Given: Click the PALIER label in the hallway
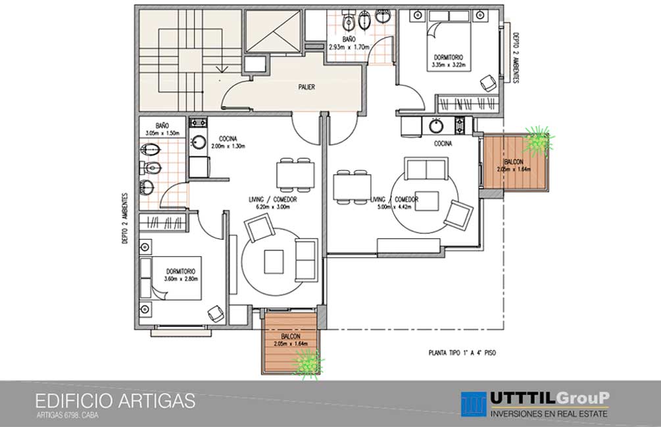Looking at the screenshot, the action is (x=306, y=87).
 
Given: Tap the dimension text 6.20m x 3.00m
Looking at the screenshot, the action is (x=273, y=207).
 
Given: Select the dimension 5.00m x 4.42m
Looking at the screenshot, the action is (x=394, y=207).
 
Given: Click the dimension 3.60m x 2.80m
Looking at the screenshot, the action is (x=181, y=279).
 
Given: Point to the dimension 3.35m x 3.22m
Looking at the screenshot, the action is (x=449, y=65).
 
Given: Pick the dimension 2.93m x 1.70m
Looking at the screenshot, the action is (x=349, y=47).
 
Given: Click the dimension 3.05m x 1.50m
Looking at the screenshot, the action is (x=162, y=133).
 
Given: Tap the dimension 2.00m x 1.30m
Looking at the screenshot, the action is (x=228, y=146).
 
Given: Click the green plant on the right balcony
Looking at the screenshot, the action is (x=538, y=140).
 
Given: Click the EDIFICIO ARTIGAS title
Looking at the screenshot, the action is (x=115, y=401).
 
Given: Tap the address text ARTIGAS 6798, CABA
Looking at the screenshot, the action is (x=68, y=415).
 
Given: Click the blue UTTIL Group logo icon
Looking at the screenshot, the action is (x=474, y=404).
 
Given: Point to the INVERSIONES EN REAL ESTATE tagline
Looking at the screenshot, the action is (x=549, y=413).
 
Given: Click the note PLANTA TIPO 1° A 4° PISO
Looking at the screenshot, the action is (x=462, y=353).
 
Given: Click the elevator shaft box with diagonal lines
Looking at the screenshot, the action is (x=274, y=32).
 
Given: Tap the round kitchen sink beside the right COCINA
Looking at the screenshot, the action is (x=436, y=125).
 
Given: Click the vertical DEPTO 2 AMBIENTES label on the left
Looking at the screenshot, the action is (x=125, y=218).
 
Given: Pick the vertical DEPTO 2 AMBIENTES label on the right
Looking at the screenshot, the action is (x=516, y=58).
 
